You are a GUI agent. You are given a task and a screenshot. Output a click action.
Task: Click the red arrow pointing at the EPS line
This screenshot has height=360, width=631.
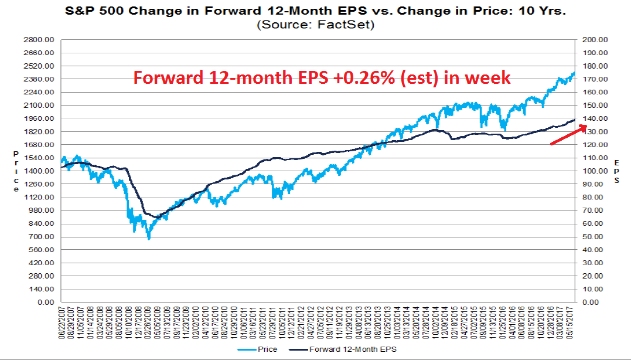pyautogui.click(x=566, y=134)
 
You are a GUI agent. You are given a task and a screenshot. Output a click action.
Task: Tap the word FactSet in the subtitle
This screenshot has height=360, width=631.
pyautogui.click(x=353, y=25)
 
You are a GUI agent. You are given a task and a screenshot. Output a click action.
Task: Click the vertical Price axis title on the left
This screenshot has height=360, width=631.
pyautogui.click(x=16, y=171)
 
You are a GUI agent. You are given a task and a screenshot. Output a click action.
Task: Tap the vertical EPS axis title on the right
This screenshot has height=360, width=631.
pyautogui.click(x=616, y=171)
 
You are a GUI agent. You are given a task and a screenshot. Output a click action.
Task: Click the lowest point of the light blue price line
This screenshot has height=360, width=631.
pyautogui.click(x=149, y=239)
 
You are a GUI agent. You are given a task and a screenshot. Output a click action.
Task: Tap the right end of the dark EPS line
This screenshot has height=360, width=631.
pyautogui.click(x=575, y=119)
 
